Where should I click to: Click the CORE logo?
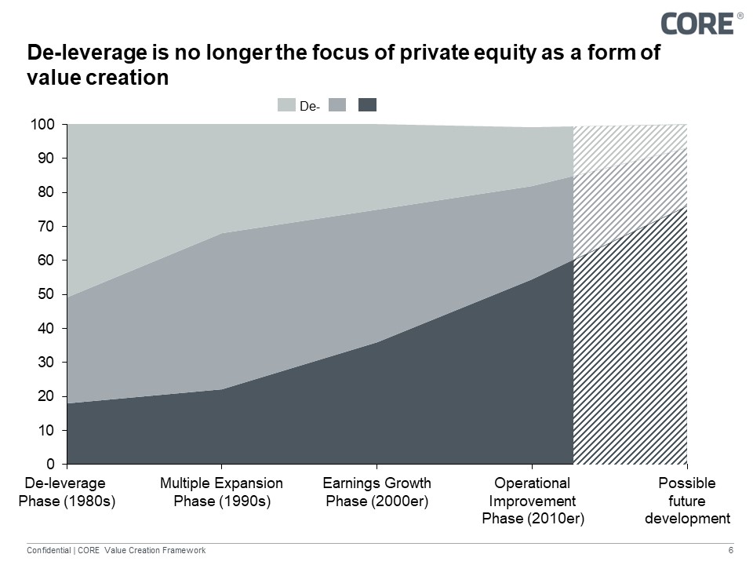tap(697, 23)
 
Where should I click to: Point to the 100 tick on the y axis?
tap(42, 125)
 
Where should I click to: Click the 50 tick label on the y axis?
tap(45, 294)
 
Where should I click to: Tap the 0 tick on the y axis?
tap(49, 464)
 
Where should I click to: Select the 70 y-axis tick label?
tap(45, 227)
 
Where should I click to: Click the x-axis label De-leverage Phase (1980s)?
tap(66, 492)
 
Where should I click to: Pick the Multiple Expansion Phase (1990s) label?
tap(221, 492)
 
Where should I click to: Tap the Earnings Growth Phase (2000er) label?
tap(376, 492)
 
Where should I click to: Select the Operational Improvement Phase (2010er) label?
tap(533, 501)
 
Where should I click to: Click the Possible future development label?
tap(687, 501)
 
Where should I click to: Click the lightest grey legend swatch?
tap(287, 105)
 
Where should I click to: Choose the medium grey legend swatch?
tap(337, 105)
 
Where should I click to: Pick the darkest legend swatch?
tap(367, 105)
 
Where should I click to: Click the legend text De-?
tap(310, 106)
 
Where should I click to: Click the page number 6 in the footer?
tap(731, 551)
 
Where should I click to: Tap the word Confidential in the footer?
tap(49, 551)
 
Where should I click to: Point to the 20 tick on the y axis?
tap(45, 396)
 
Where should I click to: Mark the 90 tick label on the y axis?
tap(45, 159)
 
